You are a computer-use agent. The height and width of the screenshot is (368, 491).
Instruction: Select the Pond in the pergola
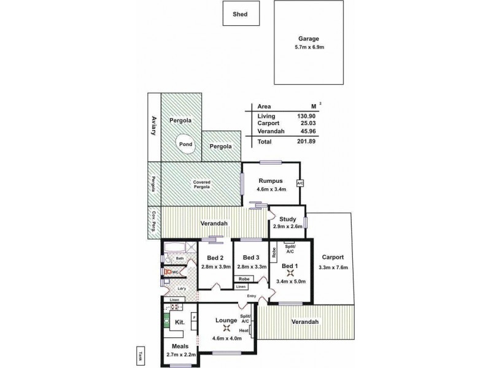point(185,144)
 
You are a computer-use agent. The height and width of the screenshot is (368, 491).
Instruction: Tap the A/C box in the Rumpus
point(300,183)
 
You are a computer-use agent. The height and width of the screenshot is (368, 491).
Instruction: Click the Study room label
point(287,218)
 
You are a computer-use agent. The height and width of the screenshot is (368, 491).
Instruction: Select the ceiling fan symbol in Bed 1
point(290,274)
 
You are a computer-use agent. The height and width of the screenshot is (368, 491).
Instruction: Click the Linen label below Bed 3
point(242,286)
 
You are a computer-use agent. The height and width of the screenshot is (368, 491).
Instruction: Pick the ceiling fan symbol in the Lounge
point(227,328)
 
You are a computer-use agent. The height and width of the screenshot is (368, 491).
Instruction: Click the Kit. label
point(180,321)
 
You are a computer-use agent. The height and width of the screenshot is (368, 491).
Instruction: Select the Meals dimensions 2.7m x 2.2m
point(180,354)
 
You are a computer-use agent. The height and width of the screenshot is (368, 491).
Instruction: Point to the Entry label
point(251,297)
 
